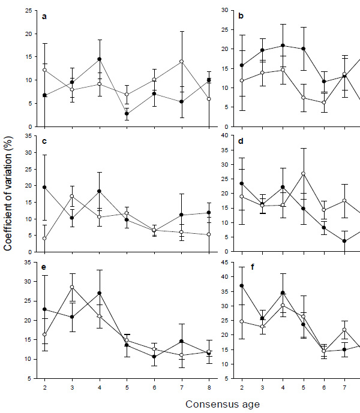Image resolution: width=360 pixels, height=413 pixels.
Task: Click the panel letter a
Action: pos(44,16)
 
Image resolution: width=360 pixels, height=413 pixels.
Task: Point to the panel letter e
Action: pos(44,268)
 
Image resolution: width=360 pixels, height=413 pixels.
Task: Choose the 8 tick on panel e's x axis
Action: pos(209,387)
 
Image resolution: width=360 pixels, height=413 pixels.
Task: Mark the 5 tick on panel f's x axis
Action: pos(303,387)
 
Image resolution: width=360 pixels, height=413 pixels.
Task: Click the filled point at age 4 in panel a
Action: pos(98,59)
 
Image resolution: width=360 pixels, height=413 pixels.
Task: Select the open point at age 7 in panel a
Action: pos(181,61)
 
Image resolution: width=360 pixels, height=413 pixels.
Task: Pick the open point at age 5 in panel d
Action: pos(303,174)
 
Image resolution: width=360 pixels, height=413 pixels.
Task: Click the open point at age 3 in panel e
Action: pos(71,287)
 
